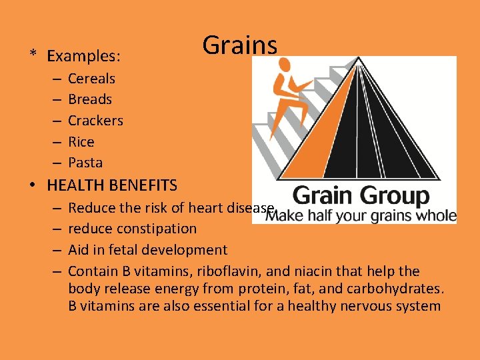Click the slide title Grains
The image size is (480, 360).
(x=239, y=46)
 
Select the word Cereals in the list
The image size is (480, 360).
(x=91, y=79)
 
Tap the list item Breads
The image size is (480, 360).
(x=90, y=99)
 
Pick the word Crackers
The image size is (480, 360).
(x=95, y=121)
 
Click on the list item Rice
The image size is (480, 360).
(x=81, y=142)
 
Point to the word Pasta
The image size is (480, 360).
(x=85, y=163)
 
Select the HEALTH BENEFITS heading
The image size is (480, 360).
(x=112, y=185)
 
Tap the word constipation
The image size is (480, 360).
(x=157, y=229)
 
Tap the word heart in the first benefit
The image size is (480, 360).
(x=205, y=207)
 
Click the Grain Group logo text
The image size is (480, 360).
(x=361, y=196)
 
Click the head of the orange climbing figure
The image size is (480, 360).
(x=285, y=65)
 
